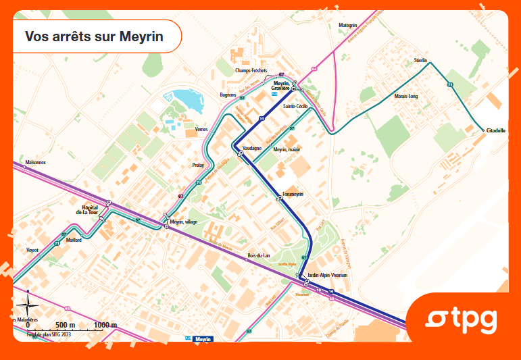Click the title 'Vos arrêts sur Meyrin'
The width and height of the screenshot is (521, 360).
pos(94,36)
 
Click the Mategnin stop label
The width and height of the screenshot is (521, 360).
pos(347,25)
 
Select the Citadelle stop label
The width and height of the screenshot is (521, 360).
pos(495,131)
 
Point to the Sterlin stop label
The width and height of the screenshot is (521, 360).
pos(421,61)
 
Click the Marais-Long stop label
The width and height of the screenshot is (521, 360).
pos(406,97)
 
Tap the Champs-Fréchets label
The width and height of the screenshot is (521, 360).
pos(251,71)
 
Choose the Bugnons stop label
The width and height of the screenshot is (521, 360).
pos(228,95)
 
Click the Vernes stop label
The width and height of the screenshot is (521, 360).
pos(201,128)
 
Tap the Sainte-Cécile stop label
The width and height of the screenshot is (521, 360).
pos(295,107)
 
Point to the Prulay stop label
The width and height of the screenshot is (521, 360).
pos(198,164)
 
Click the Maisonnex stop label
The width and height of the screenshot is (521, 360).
pos(34,163)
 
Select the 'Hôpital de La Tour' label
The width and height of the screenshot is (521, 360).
pos(89,209)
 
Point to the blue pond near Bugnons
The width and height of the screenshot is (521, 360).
pos(187,100)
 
